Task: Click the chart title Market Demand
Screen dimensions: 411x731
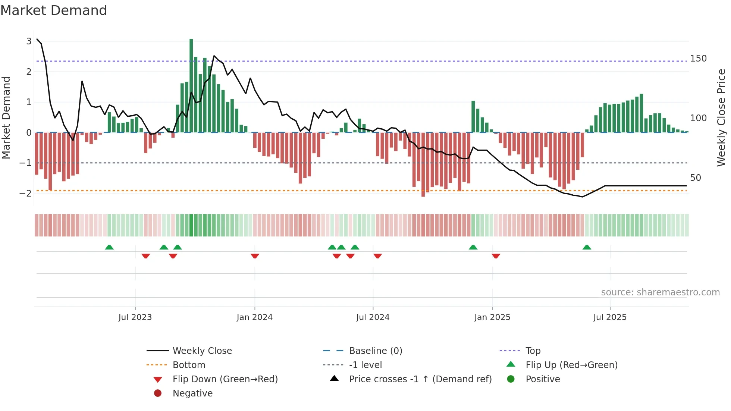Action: click(54, 10)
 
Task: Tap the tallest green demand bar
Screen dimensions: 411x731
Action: click(191, 86)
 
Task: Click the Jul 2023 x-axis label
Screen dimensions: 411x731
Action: click(135, 317)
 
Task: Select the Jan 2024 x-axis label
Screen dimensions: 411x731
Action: click(255, 317)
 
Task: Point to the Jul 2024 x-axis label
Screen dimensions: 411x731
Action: click(373, 317)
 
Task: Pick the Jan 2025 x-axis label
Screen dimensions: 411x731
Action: click(492, 317)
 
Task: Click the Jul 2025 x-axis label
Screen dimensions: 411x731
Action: click(610, 317)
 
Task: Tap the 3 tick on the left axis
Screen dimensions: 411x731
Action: click(29, 41)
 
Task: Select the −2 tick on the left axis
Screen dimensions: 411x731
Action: click(26, 193)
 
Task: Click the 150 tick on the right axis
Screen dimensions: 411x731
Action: click(698, 59)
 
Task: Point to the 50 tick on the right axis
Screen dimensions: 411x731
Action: click(696, 178)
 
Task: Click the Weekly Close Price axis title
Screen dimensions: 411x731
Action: click(721, 117)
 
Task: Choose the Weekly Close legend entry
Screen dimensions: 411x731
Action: click(202, 351)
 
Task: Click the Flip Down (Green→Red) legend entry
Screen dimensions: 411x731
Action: click(225, 379)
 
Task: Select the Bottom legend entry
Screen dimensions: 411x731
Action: click(189, 365)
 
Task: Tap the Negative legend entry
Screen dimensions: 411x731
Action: click(192, 393)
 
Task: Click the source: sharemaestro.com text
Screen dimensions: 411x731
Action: click(660, 292)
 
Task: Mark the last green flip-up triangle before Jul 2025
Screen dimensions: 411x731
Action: click(587, 247)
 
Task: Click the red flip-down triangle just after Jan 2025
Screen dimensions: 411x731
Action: click(496, 256)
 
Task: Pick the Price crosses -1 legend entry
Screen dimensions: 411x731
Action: click(420, 379)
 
